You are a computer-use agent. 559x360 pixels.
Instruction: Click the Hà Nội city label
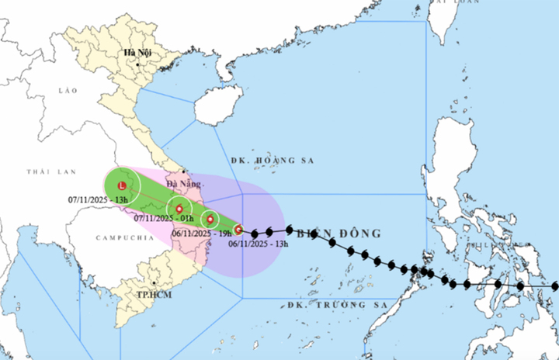click(x=137, y=52)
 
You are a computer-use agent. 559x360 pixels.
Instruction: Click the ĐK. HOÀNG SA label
click(x=264, y=161)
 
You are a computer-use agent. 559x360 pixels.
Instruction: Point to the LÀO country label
click(x=69, y=91)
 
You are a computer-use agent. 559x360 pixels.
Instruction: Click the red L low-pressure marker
click(x=122, y=186)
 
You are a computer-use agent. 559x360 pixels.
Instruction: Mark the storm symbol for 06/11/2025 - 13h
click(x=238, y=230)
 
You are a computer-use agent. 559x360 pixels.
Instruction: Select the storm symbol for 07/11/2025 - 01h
click(x=179, y=209)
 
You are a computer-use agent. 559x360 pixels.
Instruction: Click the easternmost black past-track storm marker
click(x=554, y=286)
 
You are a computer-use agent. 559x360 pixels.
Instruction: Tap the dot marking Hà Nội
click(x=137, y=64)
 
